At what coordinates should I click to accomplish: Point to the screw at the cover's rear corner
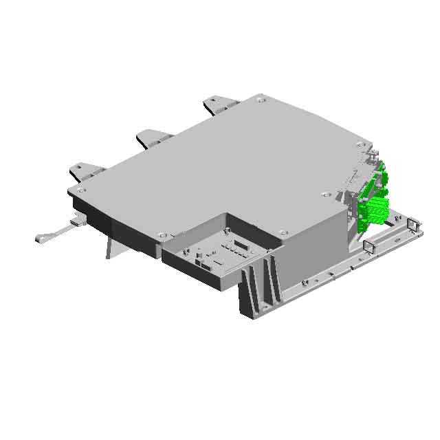(259, 100)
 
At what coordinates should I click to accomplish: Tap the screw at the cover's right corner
(361, 144)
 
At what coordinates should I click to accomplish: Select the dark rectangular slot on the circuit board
(241, 243)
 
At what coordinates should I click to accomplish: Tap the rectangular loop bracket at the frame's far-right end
(412, 225)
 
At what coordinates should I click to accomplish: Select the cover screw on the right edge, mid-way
(324, 195)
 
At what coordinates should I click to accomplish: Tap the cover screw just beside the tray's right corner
(282, 232)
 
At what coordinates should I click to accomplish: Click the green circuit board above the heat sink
(377, 180)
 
